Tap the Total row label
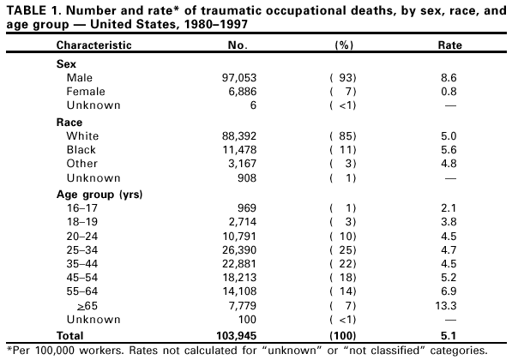click(71, 334)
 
